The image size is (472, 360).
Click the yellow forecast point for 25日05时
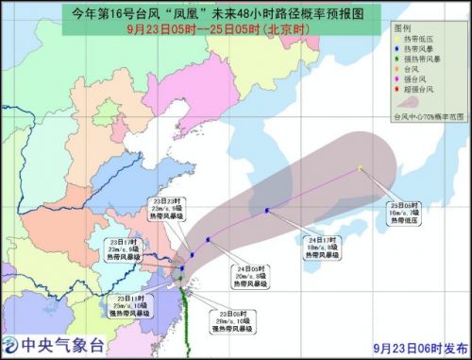pyautogui.click(x=361, y=168)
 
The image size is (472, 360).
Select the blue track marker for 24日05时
pyautogui.click(x=207, y=240)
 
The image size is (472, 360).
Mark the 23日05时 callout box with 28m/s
pyautogui.click(x=222, y=320)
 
